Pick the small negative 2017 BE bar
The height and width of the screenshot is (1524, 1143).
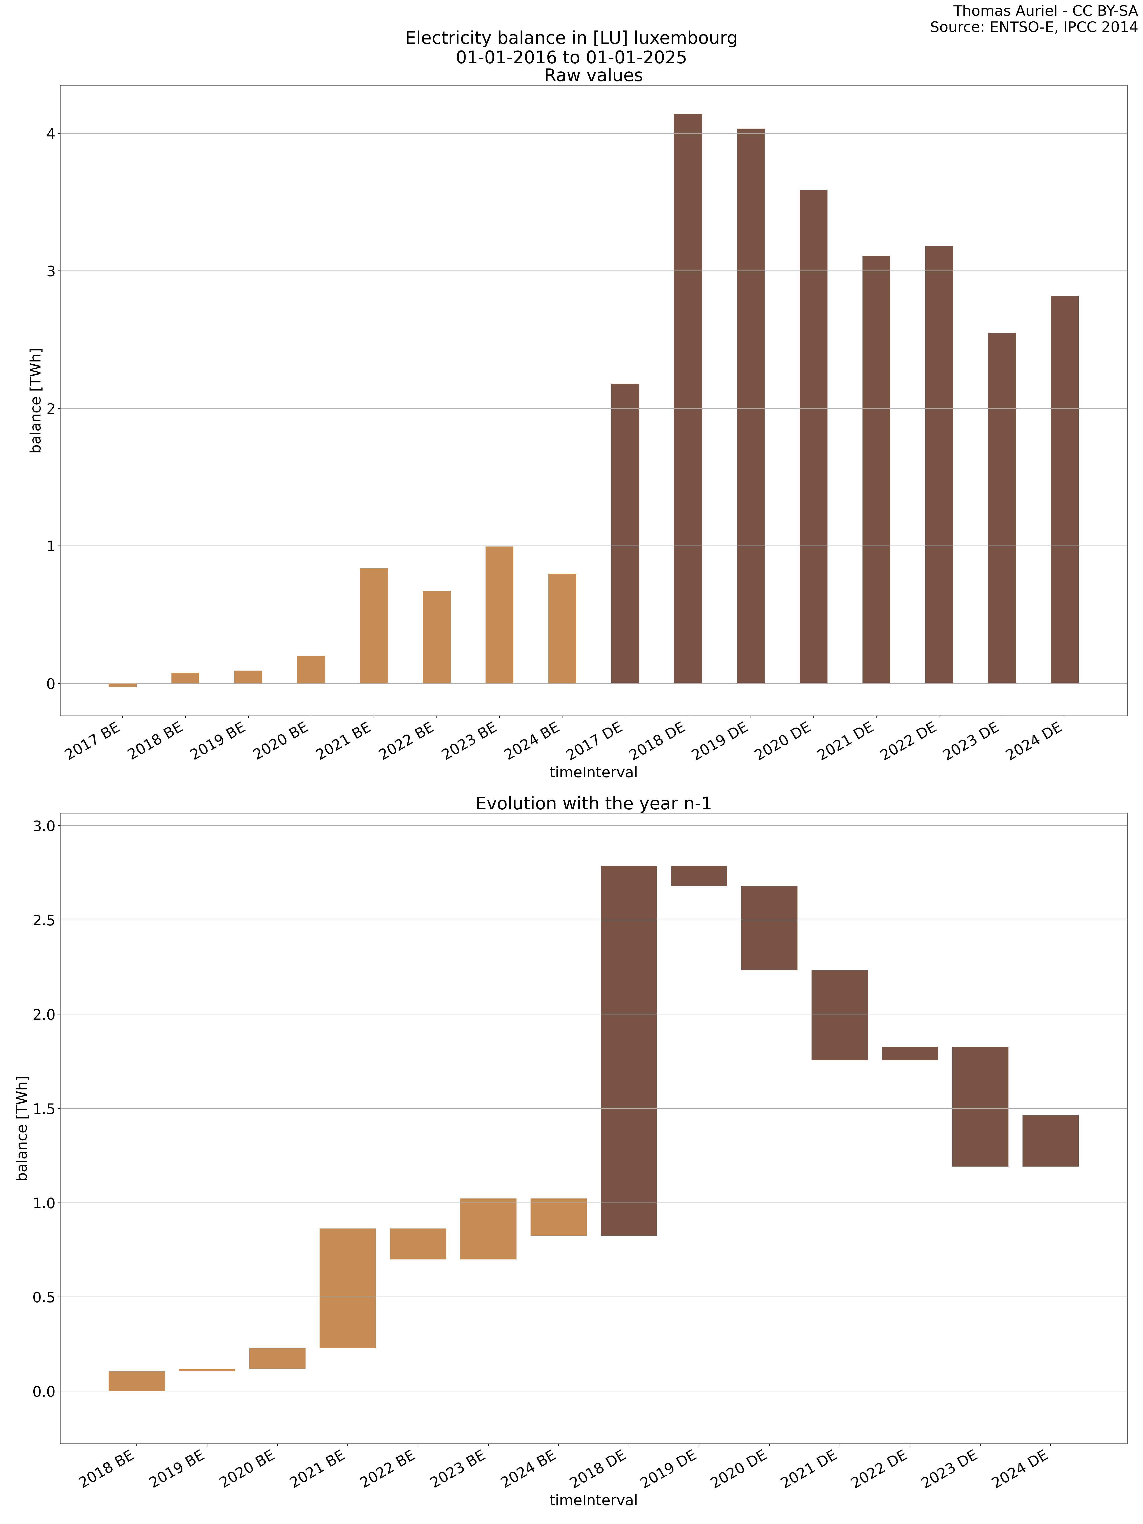[123, 685]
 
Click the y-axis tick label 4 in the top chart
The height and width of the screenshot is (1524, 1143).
[50, 134]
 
